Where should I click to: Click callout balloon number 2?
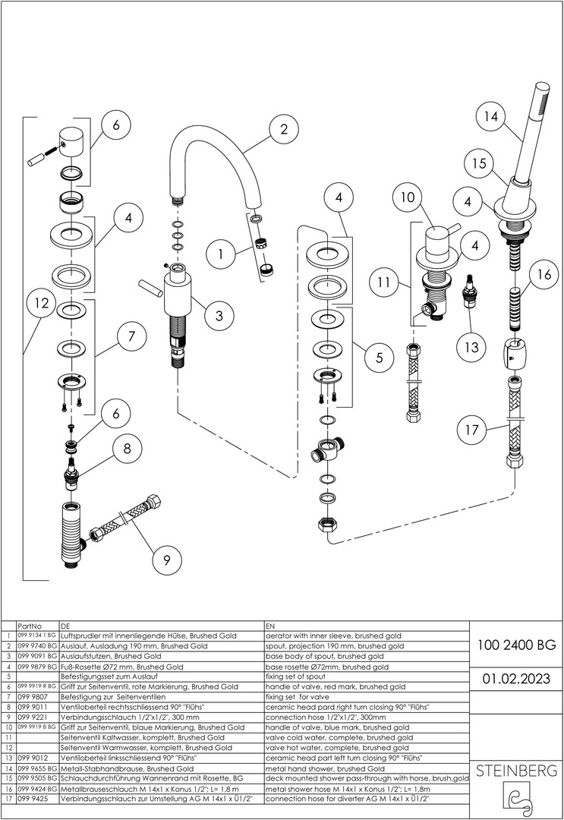[283, 129]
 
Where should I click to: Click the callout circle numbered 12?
[42, 305]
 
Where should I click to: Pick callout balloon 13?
[472, 347]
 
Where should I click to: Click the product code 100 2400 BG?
[516, 645]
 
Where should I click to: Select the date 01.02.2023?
[516, 678]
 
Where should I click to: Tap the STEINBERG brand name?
[516, 771]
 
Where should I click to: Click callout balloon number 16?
[542, 275]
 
